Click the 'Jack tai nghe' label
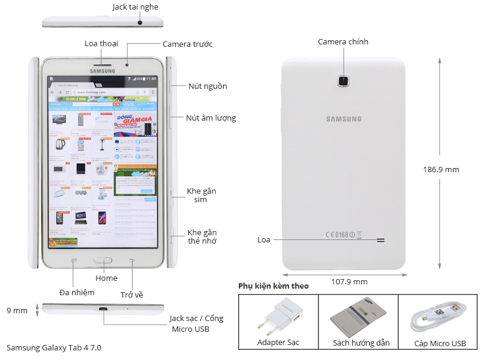(136, 7)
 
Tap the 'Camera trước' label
(187, 44)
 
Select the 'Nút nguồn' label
(208, 86)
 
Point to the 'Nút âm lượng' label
(211, 118)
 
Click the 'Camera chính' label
(343, 41)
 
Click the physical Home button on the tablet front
(103, 261)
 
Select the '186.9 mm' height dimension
(441, 169)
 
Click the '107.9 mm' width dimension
(349, 281)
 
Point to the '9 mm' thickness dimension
(17, 310)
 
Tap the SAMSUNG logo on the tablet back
(344, 119)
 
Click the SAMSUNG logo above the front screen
(102, 71)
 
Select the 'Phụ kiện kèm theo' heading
(273, 286)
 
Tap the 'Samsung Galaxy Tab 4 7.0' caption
(54, 347)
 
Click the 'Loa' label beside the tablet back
(264, 239)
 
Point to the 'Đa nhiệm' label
(77, 292)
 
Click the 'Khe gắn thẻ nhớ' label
(202, 236)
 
